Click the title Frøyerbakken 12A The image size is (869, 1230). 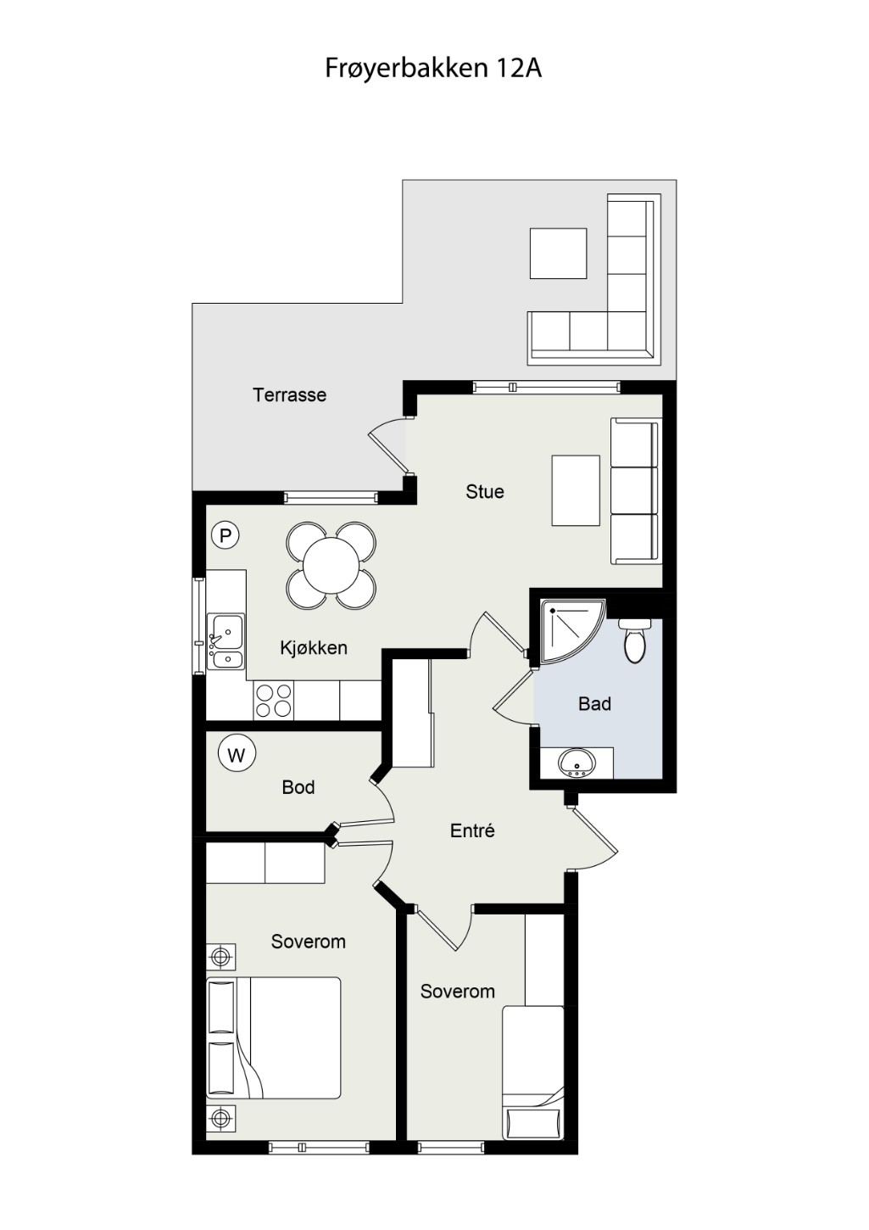click(433, 69)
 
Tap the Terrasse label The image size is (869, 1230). click(289, 394)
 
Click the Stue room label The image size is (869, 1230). click(485, 491)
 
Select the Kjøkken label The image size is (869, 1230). click(314, 648)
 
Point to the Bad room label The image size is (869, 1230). click(594, 704)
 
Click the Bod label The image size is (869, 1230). click(298, 787)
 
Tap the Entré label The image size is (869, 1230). click(472, 830)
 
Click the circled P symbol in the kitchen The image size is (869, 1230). click(225, 534)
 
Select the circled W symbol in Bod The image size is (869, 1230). click(237, 756)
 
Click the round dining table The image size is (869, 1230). click(331, 565)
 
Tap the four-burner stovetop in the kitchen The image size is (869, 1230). click(273, 700)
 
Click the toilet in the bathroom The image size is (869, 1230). click(634, 640)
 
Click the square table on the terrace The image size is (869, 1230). click(558, 253)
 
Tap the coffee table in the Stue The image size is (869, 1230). click(576, 490)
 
